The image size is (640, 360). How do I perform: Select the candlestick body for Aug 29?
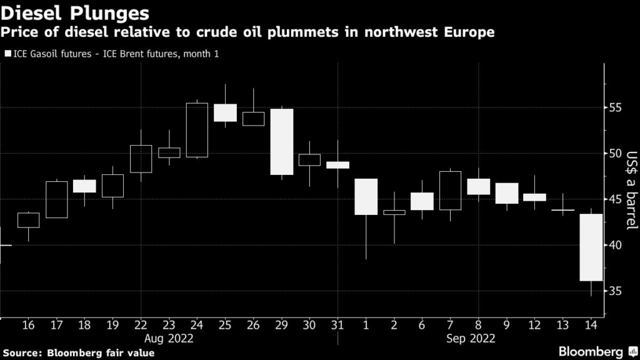pos(281,142)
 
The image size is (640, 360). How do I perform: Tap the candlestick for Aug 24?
pos(197,130)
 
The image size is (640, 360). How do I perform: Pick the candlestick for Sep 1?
pos(366,197)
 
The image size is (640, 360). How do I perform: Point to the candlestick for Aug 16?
pos(28,220)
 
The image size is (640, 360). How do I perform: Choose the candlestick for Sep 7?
pos(450,191)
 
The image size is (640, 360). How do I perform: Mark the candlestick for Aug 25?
pos(225,112)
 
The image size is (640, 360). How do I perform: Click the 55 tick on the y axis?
pos(616,108)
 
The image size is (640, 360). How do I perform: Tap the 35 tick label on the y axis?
pos(616,291)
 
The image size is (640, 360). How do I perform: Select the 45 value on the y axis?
pos(616,199)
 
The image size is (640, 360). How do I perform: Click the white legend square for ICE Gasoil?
pos(8,54)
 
